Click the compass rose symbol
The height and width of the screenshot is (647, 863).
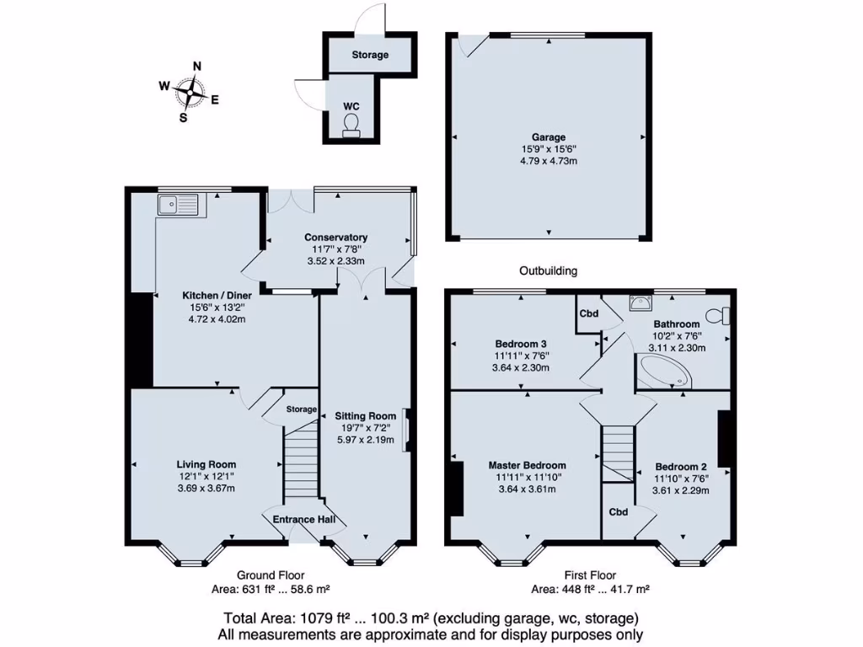click(194, 93)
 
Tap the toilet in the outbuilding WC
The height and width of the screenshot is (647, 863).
click(351, 125)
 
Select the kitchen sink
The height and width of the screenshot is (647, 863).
click(177, 203)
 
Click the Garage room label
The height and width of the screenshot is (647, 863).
click(548, 137)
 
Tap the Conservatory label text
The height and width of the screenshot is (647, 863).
click(336, 238)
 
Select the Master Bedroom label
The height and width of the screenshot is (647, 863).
click(527, 465)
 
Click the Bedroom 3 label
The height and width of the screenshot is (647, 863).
click(521, 344)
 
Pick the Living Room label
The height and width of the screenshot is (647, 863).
click(206, 464)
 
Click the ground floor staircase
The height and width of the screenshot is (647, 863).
click(299, 463)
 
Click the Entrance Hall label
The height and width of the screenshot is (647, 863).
click(304, 520)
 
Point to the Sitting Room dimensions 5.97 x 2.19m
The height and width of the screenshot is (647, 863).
click(365, 439)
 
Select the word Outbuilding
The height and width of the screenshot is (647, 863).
click(548, 271)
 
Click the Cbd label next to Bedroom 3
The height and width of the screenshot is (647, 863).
click(588, 313)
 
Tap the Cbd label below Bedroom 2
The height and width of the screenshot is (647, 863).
click(619, 511)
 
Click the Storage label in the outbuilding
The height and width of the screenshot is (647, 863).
click(370, 55)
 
